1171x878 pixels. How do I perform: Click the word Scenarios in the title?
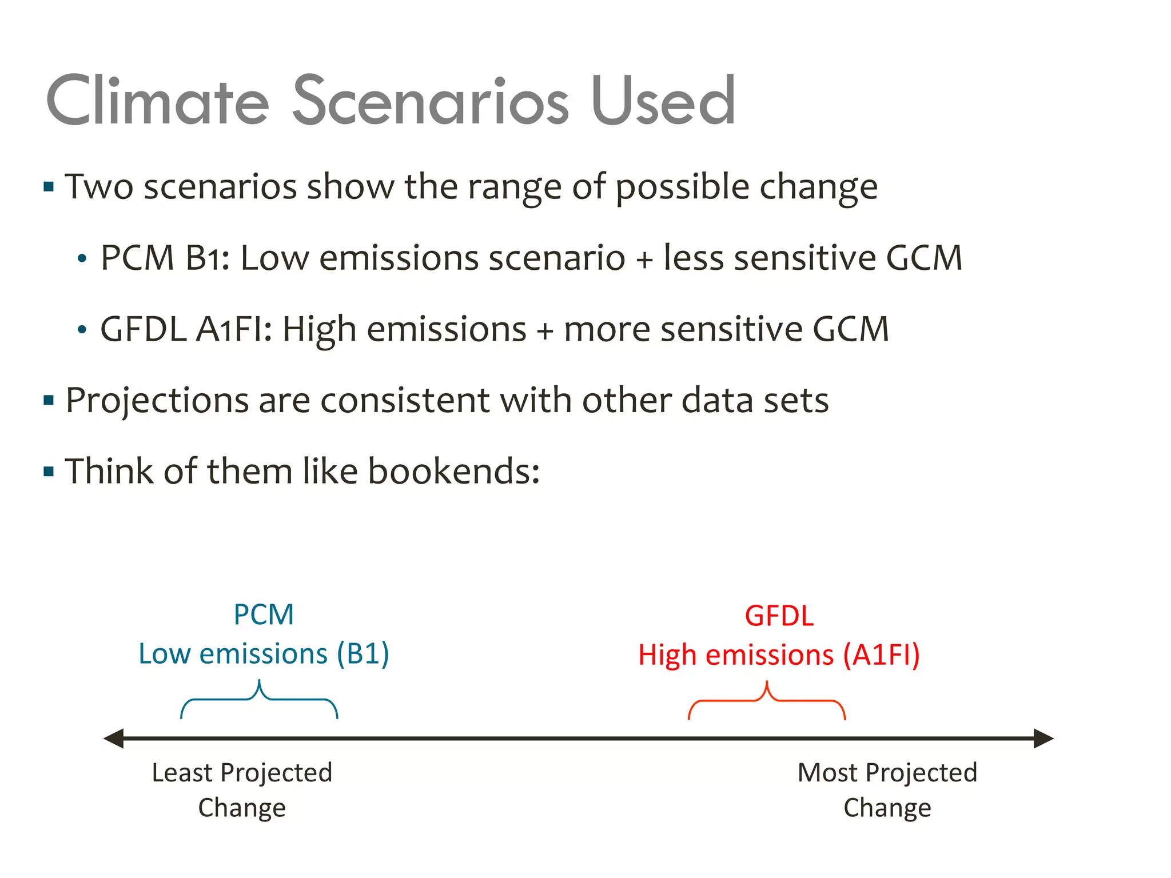click(430, 102)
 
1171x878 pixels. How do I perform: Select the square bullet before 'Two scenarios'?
click(49, 187)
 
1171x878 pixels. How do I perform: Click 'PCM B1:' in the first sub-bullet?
click(165, 258)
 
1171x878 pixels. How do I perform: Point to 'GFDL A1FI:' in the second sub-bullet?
click(186, 330)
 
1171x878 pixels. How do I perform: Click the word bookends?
click(453, 472)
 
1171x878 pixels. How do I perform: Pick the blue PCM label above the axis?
click(264, 615)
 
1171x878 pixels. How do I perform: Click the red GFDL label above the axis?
click(779, 616)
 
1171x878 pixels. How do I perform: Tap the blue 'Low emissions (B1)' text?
click(264, 654)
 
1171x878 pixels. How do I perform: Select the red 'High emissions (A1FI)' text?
click(779, 655)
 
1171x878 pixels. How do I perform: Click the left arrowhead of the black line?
click(114, 738)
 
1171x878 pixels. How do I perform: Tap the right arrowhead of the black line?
click(1043, 738)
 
